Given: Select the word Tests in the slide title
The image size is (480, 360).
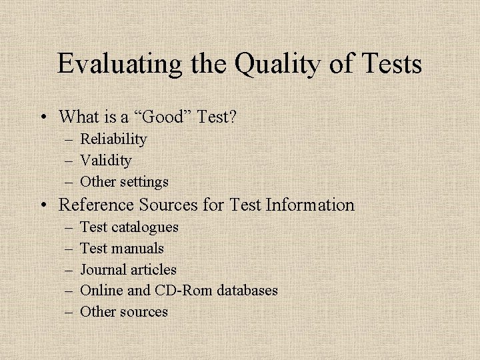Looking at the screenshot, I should tap(391, 65).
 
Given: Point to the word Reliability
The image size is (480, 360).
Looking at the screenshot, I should tap(113, 139).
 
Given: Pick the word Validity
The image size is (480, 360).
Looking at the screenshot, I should tap(105, 161).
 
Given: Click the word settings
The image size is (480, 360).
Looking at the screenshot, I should tap(145, 181).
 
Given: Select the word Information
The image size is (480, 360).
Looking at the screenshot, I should tap(310, 205).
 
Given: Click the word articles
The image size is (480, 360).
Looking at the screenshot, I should tap(154, 270).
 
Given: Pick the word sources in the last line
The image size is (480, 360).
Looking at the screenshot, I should tap(144, 311).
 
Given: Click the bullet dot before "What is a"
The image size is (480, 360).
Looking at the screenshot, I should tap(43, 118).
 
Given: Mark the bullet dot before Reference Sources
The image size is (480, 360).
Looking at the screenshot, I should tap(43, 205).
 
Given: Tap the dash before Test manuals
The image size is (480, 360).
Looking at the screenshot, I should tap(70, 249).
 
